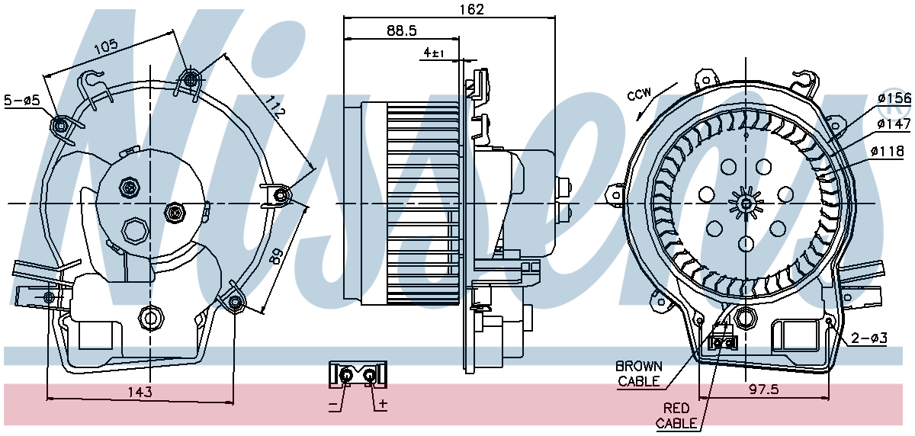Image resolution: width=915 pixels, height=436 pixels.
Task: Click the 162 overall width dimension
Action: [x=472, y=9]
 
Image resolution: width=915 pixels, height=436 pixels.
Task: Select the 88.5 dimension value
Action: [x=402, y=30]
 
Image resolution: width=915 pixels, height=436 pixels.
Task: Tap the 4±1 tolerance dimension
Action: [x=434, y=53]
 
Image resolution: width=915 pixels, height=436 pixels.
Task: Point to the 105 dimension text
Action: [x=106, y=46]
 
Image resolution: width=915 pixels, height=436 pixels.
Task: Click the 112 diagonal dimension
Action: [x=274, y=107]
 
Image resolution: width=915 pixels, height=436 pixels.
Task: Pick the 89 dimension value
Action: [x=276, y=257]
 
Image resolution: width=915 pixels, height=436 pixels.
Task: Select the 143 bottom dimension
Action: [x=140, y=392]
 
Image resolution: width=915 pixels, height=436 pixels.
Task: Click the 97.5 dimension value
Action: [x=763, y=389]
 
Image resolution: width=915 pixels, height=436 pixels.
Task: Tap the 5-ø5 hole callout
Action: [x=22, y=100]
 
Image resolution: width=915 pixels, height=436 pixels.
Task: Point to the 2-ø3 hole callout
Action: [x=869, y=338]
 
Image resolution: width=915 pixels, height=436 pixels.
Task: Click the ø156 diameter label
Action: [x=894, y=98]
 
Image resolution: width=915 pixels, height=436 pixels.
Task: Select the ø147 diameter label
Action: [x=894, y=123]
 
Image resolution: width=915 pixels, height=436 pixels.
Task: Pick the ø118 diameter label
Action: [x=888, y=152]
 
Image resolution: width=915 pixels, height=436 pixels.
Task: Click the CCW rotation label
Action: [x=640, y=95]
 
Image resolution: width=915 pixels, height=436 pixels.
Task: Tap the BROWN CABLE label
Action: [x=639, y=373]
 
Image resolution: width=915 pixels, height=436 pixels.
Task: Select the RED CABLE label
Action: [x=676, y=415]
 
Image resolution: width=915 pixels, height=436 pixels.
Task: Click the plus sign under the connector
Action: [x=383, y=404]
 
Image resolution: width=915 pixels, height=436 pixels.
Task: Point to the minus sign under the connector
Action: [x=333, y=406]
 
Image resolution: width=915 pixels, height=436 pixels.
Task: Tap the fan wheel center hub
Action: [x=746, y=204]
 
